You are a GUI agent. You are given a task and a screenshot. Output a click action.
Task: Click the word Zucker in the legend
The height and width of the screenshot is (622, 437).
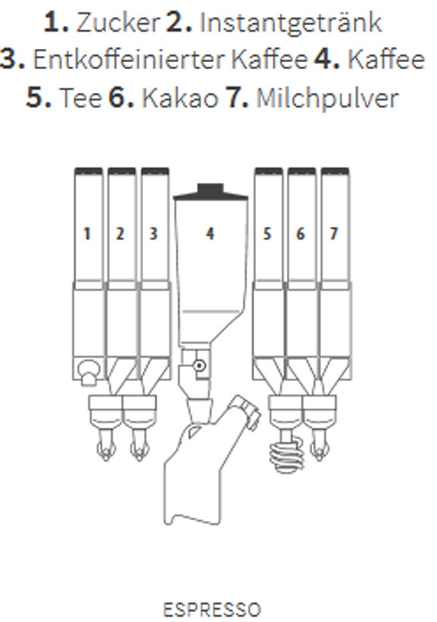(118, 23)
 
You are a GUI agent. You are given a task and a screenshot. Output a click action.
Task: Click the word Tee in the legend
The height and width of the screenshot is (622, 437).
(81, 98)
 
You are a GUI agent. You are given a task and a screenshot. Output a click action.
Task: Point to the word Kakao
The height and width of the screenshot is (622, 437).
(180, 98)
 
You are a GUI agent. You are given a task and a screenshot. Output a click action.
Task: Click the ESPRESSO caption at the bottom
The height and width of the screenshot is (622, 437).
(212, 610)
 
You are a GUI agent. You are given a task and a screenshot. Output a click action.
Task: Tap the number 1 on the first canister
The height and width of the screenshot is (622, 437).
(87, 234)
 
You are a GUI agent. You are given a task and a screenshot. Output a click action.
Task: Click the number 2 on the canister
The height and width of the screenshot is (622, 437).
(121, 234)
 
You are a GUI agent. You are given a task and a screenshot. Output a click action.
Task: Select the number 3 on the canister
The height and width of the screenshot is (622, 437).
(153, 234)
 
